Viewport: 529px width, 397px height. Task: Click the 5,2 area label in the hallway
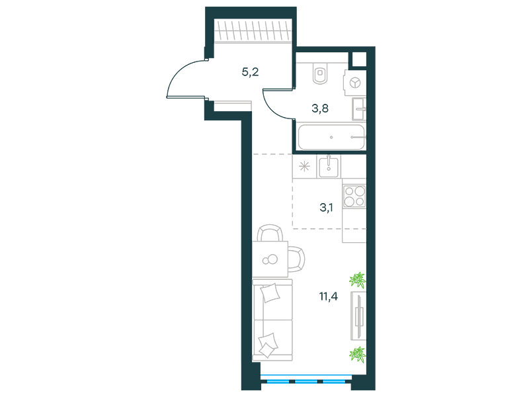coord(251,72)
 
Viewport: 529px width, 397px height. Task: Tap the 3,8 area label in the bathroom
coord(320,109)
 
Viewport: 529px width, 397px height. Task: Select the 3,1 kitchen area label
coord(326,208)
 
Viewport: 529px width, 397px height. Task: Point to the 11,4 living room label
coord(328,296)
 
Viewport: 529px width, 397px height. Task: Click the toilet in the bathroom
coord(320,73)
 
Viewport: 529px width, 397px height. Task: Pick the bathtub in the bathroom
coord(331,137)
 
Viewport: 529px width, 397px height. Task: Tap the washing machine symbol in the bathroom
coord(354,83)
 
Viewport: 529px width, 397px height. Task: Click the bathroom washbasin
coord(359,109)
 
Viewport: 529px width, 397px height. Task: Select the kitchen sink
coord(329,166)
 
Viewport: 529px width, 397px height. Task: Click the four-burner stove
coord(354,197)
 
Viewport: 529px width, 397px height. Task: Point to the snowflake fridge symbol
coord(304,167)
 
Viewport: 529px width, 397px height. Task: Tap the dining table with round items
coord(270,259)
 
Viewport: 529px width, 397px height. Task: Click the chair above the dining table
coord(270,233)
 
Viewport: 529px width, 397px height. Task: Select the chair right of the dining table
coord(296,259)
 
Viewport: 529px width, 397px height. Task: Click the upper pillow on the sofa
coord(270,292)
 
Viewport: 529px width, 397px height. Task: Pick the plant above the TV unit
coord(358,280)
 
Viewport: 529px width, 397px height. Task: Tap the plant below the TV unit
coord(358,355)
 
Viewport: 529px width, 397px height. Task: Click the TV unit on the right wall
coord(358,316)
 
